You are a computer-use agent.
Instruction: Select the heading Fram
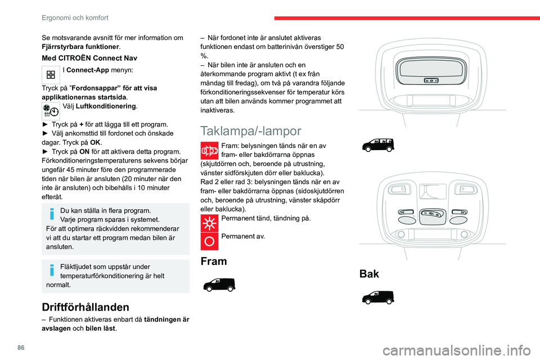pyautogui.click(x=214, y=262)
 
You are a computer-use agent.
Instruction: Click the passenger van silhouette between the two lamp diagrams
pyautogui.click(x=378, y=146)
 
